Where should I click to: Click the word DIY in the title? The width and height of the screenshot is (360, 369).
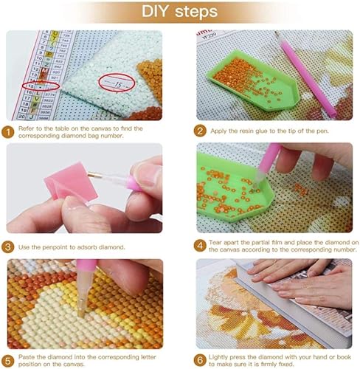pyautogui.click(x=155, y=11)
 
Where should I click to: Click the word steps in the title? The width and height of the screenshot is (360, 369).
pyautogui.click(x=196, y=13)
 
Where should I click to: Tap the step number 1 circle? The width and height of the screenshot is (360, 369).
pyautogui.click(x=8, y=132)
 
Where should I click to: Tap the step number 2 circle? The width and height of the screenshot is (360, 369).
pyautogui.click(x=200, y=131)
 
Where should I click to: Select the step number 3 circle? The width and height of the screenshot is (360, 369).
pyautogui.click(x=8, y=246)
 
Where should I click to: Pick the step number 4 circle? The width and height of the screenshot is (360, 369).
pyautogui.click(x=200, y=246)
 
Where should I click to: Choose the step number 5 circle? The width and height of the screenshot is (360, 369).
pyautogui.click(x=8, y=361)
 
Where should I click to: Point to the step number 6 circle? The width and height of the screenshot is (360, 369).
pyautogui.click(x=200, y=360)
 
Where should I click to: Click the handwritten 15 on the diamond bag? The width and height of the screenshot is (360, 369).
pyautogui.click(x=118, y=85)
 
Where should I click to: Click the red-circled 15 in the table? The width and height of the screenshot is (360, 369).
pyautogui.click(x=31, y=86)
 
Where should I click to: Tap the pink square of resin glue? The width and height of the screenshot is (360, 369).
pyautogui.click(x=71, y=181)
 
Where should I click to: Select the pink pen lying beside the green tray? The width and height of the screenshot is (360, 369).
pyautogui.click(x=307, y=75)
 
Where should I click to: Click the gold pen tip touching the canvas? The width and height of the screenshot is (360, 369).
pyautogui.click(x=80, y=311)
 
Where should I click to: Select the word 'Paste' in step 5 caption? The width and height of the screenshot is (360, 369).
pyautogui.click(x=27, y=357)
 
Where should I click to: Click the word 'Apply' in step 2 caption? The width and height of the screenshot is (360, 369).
pyautogui.click(x=218, y=131)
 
